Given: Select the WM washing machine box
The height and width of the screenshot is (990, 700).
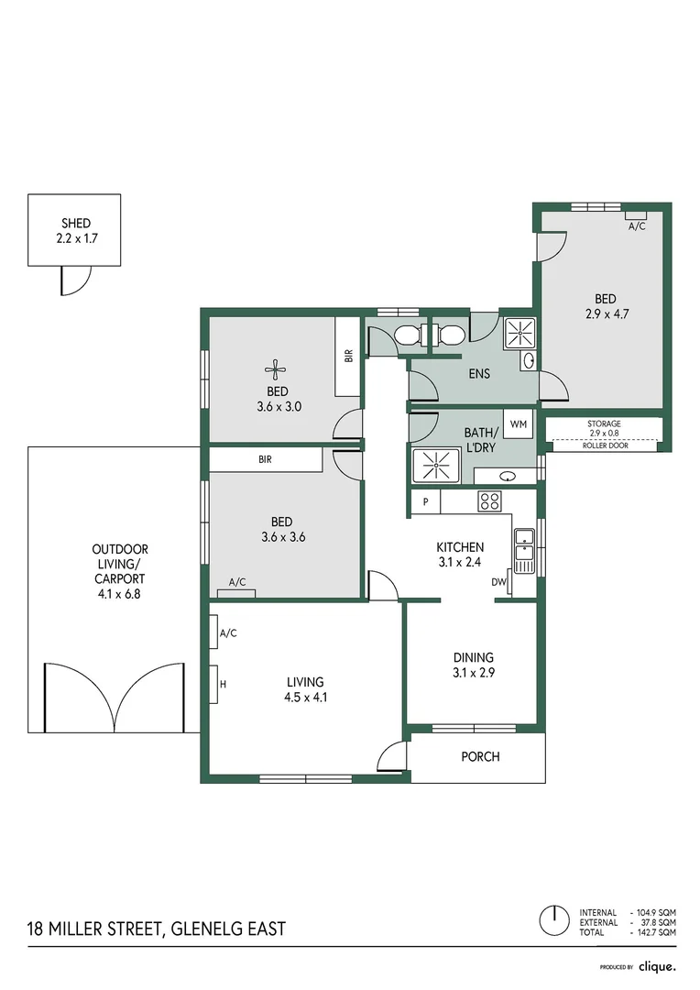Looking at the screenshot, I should click(x=520, y=423).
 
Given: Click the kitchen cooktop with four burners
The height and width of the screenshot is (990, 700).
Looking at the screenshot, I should click(x=489, y=501).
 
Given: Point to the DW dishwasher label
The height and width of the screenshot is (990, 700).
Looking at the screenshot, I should click(x=499, y=581).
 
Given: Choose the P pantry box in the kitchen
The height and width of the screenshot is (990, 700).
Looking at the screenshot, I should click(x=425, y=501).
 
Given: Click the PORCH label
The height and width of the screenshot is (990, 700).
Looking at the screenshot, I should click(x=480, y=756).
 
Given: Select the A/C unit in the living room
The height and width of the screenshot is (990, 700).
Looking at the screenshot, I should click(x=223, y=632).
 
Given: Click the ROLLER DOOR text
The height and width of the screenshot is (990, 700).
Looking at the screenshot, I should click(x=604, y=445).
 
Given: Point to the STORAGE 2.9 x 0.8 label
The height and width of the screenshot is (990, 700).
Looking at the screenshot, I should click(x=604, y=427).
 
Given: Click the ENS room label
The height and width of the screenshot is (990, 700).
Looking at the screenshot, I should click(x=478, y=373).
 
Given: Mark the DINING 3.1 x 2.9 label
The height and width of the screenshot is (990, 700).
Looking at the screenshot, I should click(x=473, y=665).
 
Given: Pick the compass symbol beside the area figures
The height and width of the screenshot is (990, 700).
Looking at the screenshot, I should click(x=552, y=918).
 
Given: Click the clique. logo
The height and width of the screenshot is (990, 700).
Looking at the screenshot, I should click(x=656, y=966).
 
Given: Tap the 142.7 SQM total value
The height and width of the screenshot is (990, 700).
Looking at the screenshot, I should click(x=658, y=931).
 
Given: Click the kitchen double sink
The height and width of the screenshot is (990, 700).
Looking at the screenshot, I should click(x=523, y=551).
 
